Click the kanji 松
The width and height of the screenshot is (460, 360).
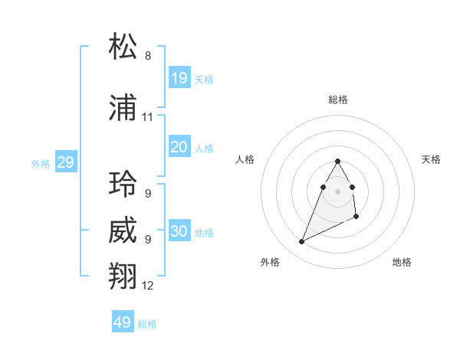pyautogui.click(x=123, y=47)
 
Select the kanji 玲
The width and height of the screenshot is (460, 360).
pyautogui.click(x=123, y=185)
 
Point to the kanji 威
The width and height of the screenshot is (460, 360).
pyautogui.click(x=123, y=231)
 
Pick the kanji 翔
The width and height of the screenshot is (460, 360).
pyautogui.click(x=123, y=277)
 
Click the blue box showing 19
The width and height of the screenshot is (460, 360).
pyautogui.click(x=179, y=77)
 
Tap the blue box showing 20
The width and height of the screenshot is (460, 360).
pyautogui.click(x=179, y=147)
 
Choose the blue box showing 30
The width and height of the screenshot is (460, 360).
pyautogui.click(x=179, y=231)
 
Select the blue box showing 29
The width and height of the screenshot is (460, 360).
pyautogui.click(x=65, y=162)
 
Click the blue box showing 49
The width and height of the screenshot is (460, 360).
pyautogui.click(x=123, y=322)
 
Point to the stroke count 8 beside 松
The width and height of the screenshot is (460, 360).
pyautogui.click(x=148, y=56)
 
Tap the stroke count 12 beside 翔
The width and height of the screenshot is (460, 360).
pyautogui.click(x=148, y=286)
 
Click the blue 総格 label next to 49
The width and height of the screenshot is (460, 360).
pyautogui.click(x=147, y=324)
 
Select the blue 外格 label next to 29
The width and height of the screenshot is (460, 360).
pyautogui.click(x=40, y=164)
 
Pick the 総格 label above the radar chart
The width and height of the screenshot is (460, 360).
pyautogui.click(x=338, y=100)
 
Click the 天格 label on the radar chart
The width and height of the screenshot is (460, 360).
pyautogui.click(x=432, y=159)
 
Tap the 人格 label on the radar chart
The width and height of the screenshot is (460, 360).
pyautogui.click(x=245, y=159)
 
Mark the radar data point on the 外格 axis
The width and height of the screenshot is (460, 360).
pyautogui.click(x=301, y=242)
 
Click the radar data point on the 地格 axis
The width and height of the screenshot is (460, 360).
pyautogui.click(x=356, y=218)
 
